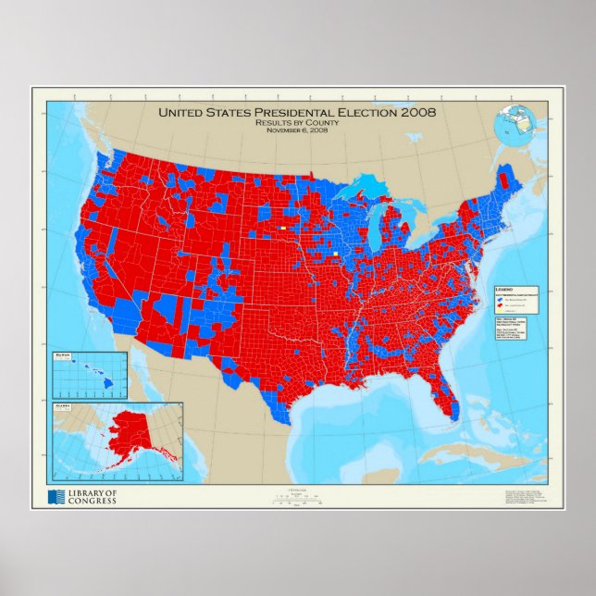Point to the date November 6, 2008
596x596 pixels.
(297, 130)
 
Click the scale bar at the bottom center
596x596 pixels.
(297, 497)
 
